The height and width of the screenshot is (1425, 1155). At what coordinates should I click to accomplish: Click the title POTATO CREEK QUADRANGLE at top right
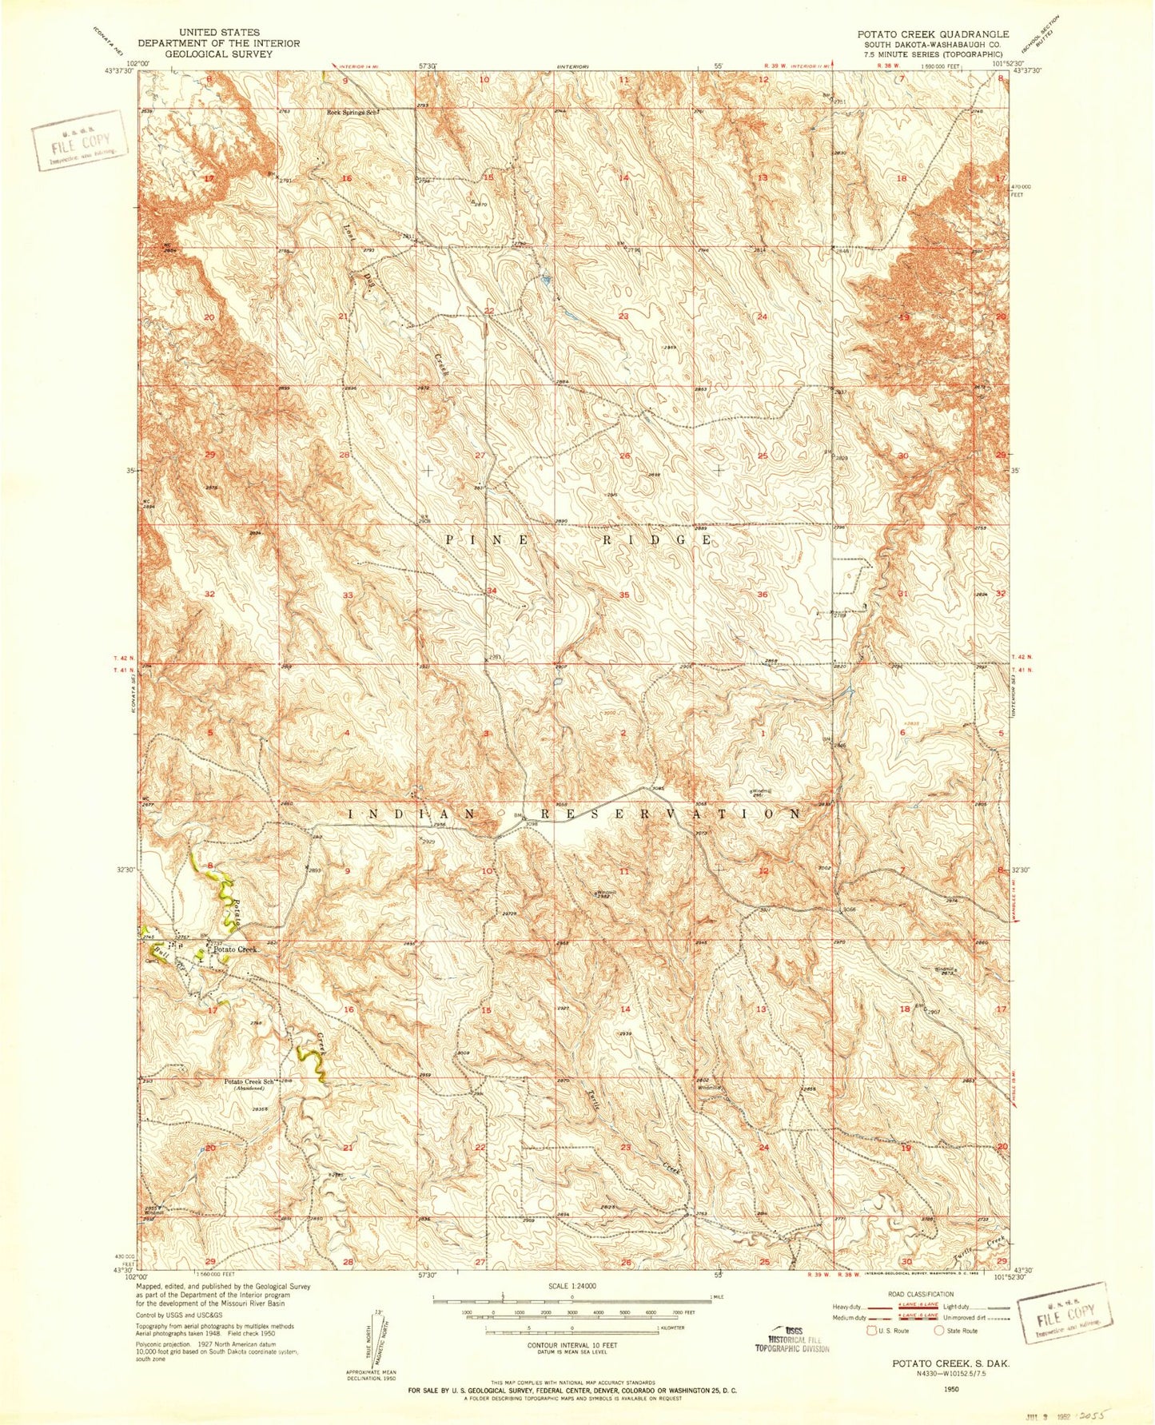(x=933, y=34)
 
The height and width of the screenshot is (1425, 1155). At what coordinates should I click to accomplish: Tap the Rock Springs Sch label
(x=351, y=113)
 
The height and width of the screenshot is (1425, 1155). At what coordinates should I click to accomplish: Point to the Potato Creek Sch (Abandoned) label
(x=249, y=1084)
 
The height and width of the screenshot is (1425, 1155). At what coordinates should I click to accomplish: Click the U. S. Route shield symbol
(x=873, y=1331)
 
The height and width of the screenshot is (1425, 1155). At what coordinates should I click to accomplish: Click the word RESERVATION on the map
(x=670, y=814)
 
